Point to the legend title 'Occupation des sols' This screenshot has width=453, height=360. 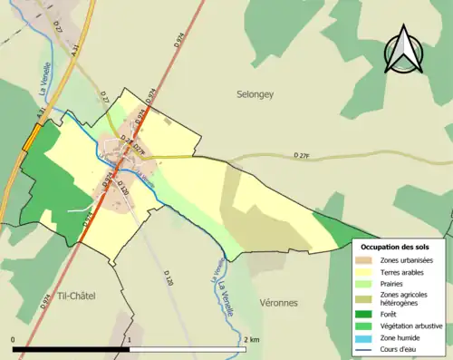tap(395, 247)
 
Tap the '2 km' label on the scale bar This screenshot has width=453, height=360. tap(250, 339)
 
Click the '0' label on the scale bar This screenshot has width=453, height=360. tap(14, 339)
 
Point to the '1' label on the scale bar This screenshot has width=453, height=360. tap(130, 339)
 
